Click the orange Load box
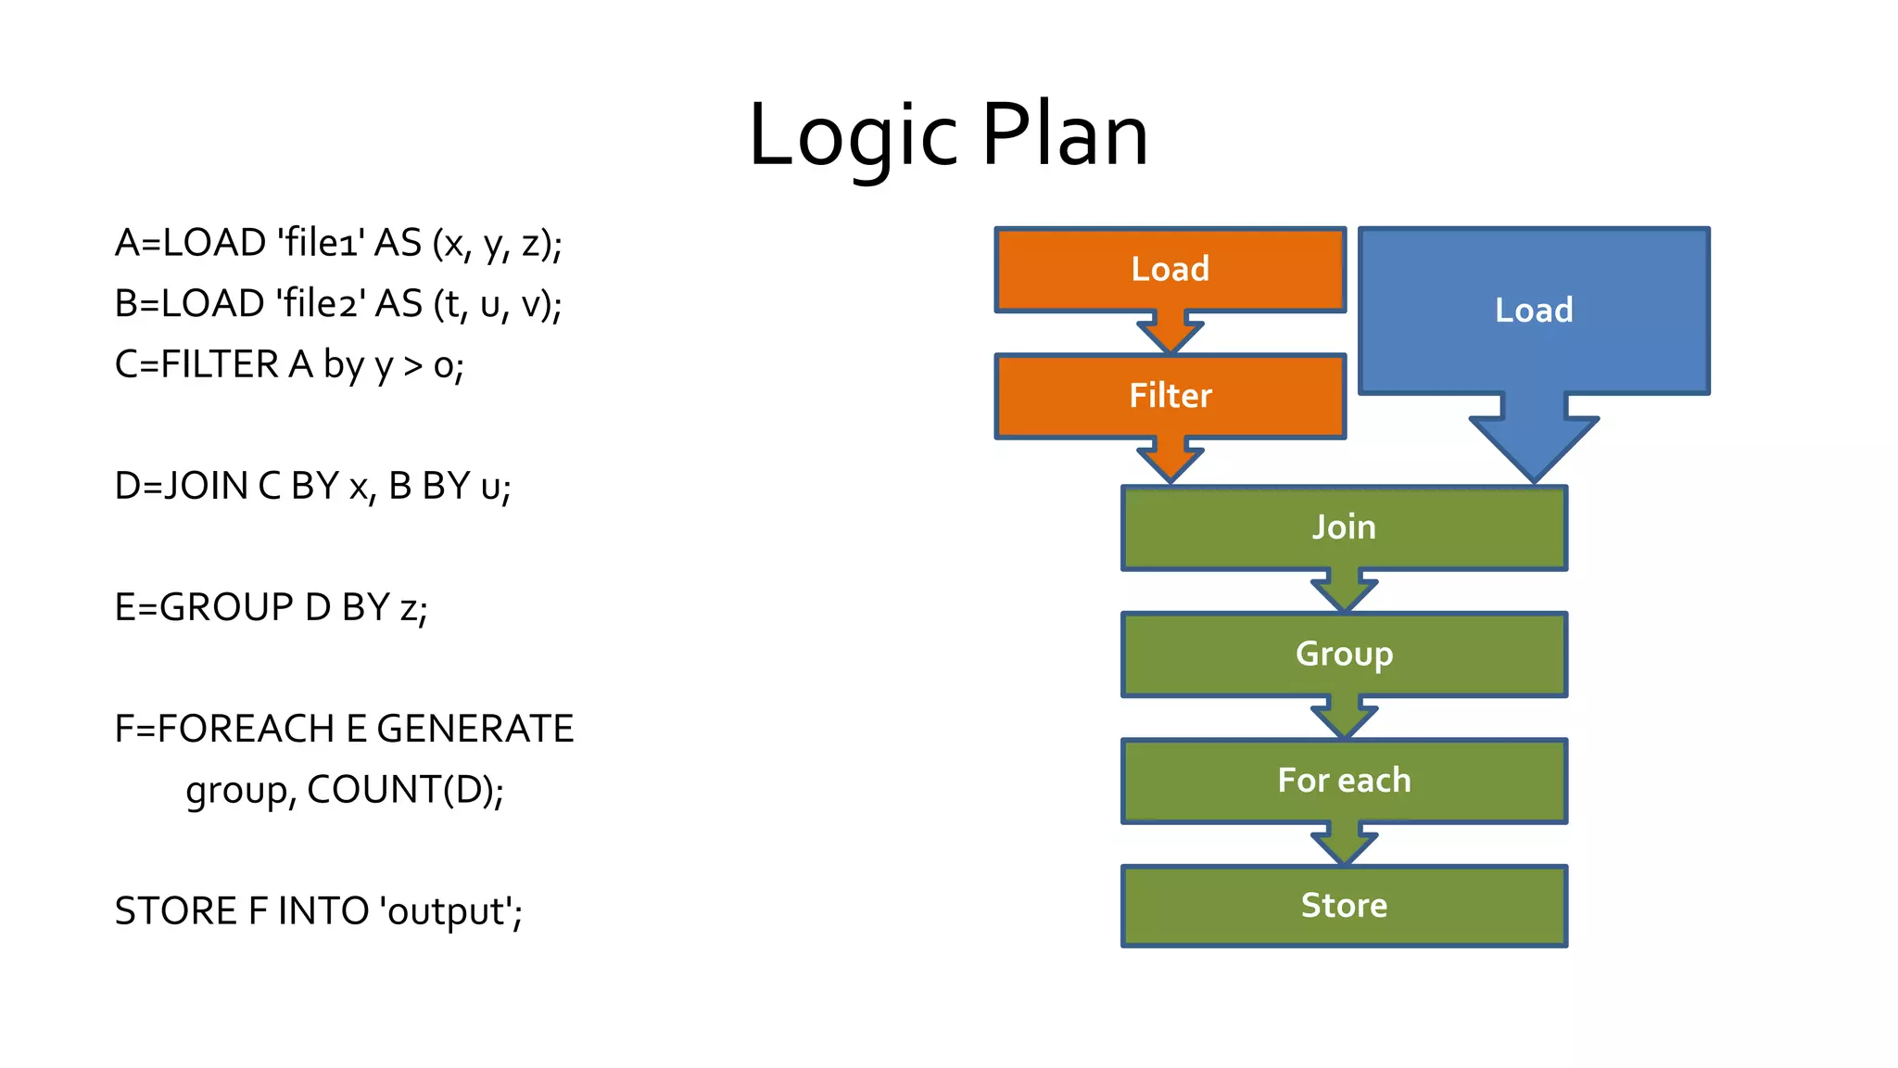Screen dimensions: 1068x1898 pos(1170,270)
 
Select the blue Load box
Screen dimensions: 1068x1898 pos(1534,311)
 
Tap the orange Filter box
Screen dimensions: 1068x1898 pos(1170,396)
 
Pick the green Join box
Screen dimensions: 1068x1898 pos(1344,528)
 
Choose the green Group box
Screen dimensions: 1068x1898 pos(1344,655)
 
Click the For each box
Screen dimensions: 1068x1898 pos(1344,781)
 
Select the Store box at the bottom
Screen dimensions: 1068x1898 pos(1344,906)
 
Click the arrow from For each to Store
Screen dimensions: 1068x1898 pos(1344,845)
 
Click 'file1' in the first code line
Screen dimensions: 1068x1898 pos(321,243)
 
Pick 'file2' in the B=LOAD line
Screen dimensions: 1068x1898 pos(321,304)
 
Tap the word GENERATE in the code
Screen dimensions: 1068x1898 pos(474,730)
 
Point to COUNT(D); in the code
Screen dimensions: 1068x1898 pos(405,790)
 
